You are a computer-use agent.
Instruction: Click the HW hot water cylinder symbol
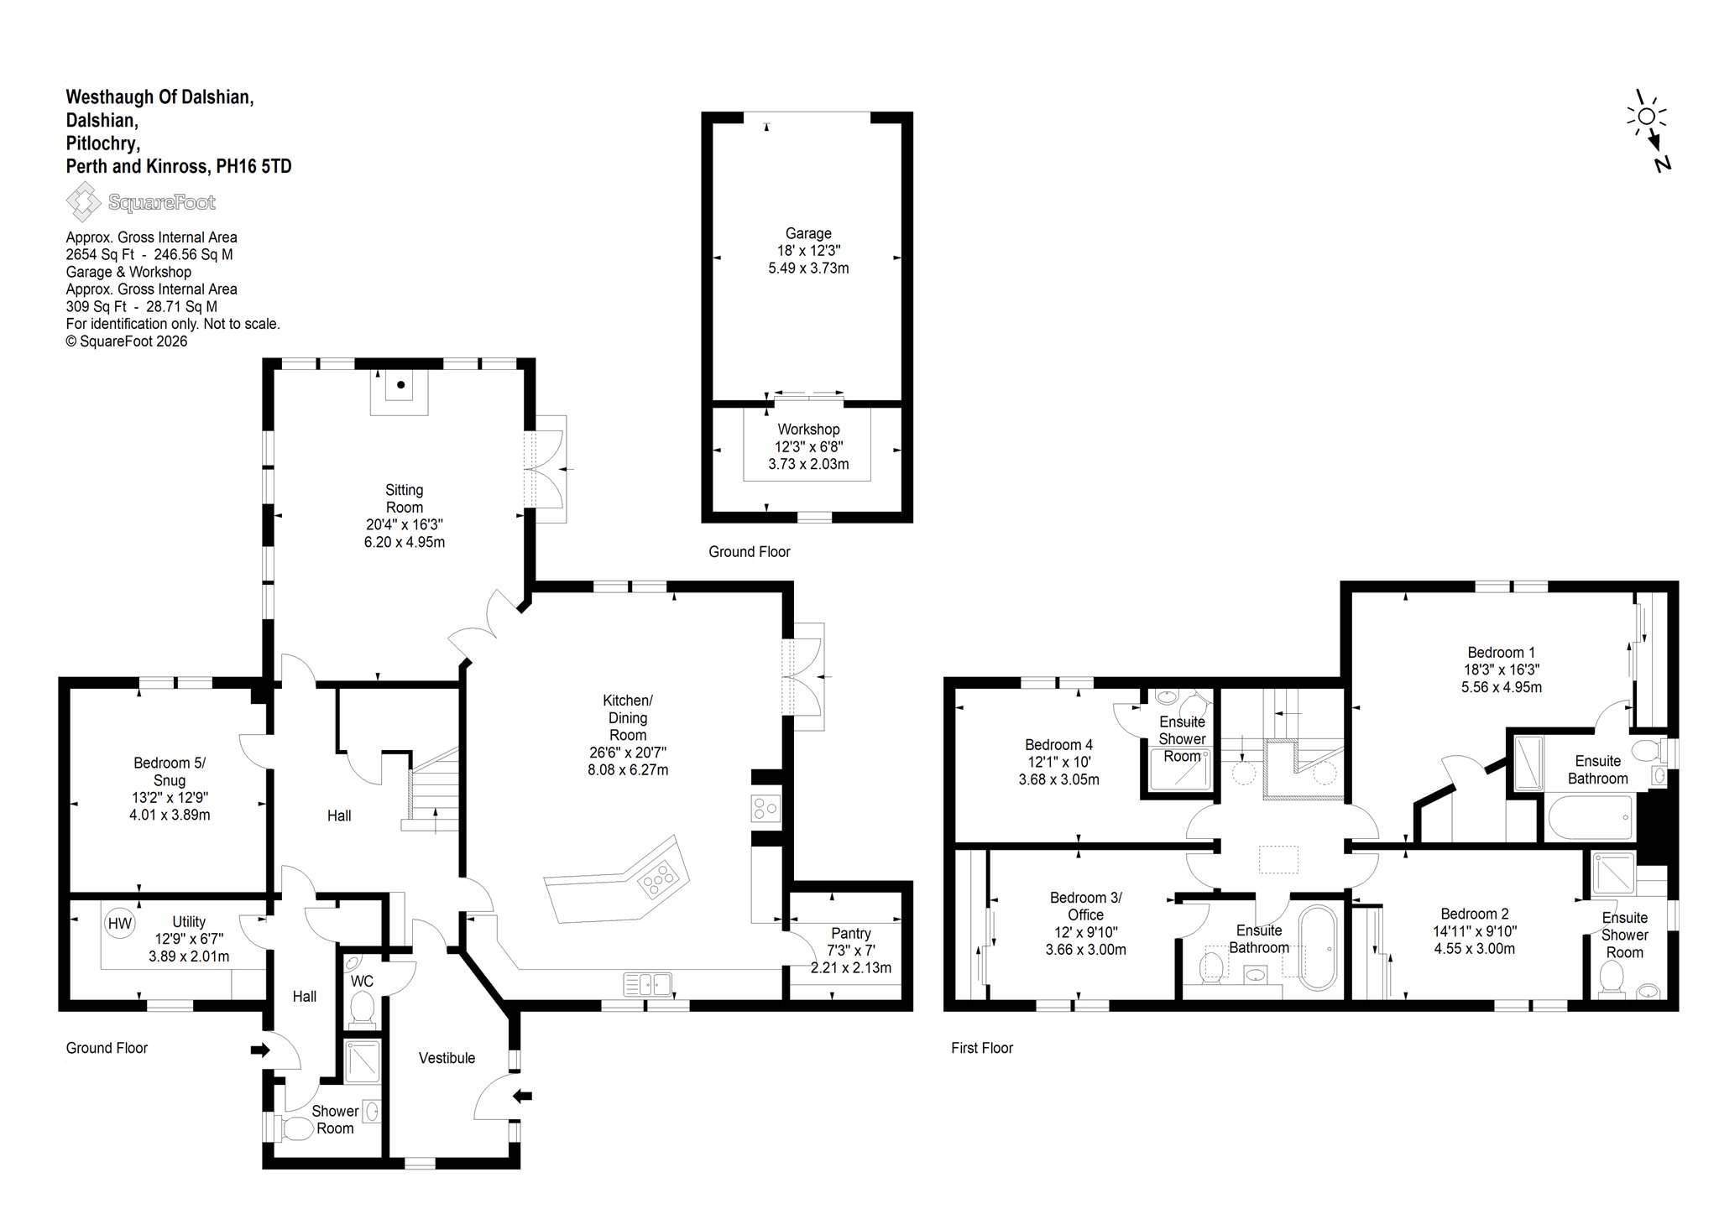click(x=120, y=924)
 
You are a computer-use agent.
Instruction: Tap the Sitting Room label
click(x=405, y=498)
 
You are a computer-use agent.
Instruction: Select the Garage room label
click(x=808, y=233)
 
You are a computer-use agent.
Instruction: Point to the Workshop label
click(x=808, y=430)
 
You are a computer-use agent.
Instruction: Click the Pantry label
click(x=851, y=933)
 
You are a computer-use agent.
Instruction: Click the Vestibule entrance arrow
click(x=523, y=1095)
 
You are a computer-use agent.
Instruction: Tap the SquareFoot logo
click(x=141, y=202)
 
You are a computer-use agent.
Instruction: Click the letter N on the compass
click(x=1662, y=164)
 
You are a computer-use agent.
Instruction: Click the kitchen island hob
click(x=656, y=878)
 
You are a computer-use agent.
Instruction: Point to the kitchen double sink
click(x=648, y=982)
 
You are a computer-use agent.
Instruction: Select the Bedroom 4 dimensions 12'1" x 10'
click(x=1058, y=762)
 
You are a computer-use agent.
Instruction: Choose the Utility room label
click(x=189, y=921)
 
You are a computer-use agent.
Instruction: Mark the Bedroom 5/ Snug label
click(x=170, y=772)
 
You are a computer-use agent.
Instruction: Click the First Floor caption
click(x=982, y=1048)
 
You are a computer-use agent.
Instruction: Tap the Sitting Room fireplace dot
click(x=401, y=385)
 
